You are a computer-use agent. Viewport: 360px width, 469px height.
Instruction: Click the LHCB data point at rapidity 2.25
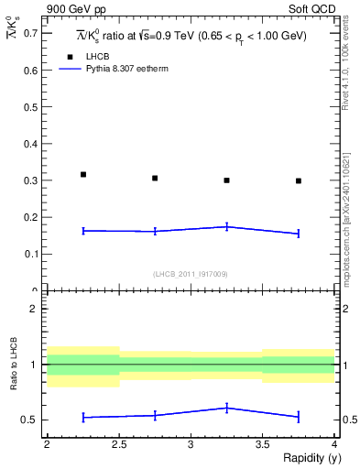point(83,174)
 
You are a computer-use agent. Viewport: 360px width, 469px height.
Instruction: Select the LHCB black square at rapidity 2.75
point(155,178)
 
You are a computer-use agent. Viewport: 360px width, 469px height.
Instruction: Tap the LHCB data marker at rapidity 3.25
point(226,180)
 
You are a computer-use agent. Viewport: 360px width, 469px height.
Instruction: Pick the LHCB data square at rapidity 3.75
point(299,180)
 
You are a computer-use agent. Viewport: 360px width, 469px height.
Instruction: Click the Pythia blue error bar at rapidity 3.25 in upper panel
point(226,226)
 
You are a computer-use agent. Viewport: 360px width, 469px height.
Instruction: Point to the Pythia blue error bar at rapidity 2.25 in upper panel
point(83,231)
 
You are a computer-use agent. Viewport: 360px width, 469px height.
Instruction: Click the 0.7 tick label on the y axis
point(32,33)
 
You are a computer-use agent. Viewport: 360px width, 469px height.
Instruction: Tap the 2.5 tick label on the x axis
point(118,443)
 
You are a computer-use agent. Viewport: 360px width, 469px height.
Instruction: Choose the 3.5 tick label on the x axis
point(262,443)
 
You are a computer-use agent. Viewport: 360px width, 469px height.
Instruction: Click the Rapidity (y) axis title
point(307,458)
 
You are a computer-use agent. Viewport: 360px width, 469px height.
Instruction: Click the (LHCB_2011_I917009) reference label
point(191,274)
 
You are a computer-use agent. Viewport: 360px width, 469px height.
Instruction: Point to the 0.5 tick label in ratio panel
point(30,420)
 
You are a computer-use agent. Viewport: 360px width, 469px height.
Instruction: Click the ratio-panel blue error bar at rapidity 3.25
point(226,408)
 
